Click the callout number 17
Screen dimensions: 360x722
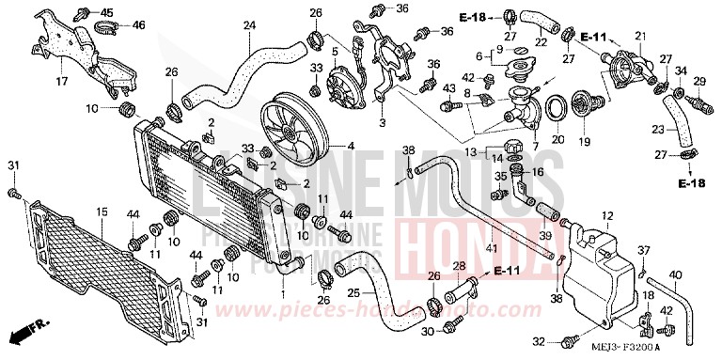click(62, 81)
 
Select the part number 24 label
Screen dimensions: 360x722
click(249, 24)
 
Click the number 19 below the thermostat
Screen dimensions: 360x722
click(584, 141)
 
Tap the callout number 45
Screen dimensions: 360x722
click(106, 12)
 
